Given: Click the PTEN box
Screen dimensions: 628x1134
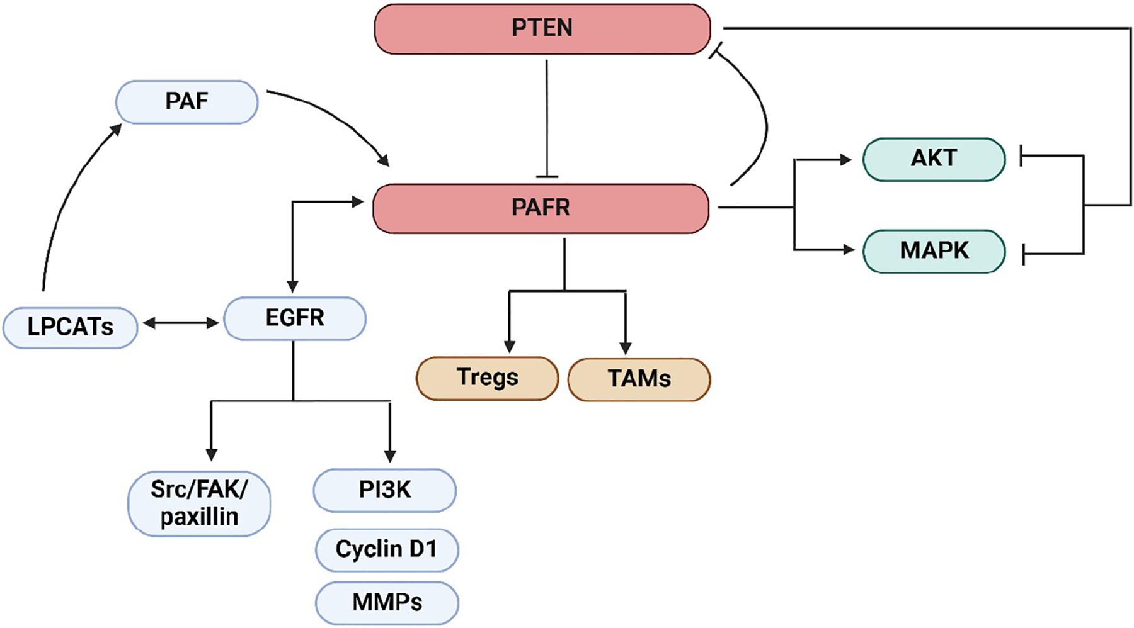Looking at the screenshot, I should [542, 29].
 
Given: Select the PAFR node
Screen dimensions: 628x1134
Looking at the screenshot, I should [541, 208].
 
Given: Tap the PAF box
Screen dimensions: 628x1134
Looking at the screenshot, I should [186, 101].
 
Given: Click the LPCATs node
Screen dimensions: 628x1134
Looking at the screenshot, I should [70, 327].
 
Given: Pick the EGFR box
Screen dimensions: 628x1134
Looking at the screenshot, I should [294, 318].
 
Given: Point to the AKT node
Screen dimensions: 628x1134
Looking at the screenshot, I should [933, 159].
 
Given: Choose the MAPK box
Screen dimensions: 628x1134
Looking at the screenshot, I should [933, 251].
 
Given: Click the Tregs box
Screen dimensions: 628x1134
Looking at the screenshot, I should [487, 378].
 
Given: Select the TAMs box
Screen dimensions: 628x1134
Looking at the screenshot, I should [639, 379].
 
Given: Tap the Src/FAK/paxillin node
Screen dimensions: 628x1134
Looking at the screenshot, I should [199, 503].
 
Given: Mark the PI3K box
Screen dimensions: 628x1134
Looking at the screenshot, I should [384, 490].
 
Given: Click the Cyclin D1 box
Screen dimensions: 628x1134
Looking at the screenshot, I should [386, 549].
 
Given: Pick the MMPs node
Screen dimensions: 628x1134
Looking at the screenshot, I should [387, 603].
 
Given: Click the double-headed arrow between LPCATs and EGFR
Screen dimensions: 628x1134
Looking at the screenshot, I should [181, 323].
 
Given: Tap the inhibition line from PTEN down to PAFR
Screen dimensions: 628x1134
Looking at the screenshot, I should [546, 120].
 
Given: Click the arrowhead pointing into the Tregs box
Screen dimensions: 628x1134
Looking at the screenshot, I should [510, 346].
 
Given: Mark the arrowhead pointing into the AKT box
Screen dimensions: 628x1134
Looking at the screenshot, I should [845, 160].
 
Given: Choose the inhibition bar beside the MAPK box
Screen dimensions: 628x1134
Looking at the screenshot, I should [1024, 255].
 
